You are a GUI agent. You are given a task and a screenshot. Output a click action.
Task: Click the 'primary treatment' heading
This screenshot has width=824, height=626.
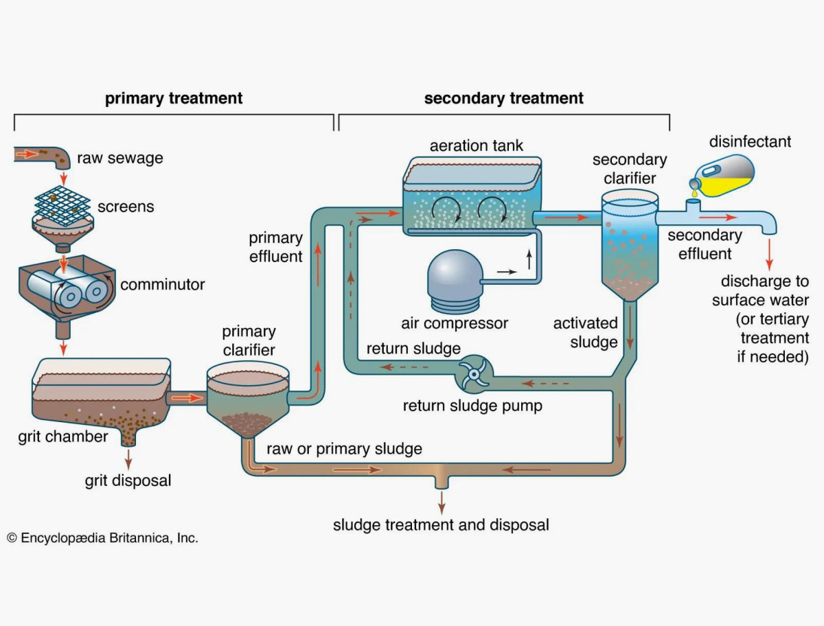point(174,98)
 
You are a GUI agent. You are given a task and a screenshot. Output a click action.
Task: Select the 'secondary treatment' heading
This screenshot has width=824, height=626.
point(503,98)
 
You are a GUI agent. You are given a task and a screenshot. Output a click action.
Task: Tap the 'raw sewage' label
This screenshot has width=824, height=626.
point(120,158)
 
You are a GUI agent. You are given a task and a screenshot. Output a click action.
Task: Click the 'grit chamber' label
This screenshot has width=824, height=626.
point(63,437)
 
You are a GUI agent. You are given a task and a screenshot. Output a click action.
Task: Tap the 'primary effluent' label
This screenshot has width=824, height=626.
point(275,247)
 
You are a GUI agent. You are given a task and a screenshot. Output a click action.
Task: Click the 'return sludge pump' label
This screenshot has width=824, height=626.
point(472,406)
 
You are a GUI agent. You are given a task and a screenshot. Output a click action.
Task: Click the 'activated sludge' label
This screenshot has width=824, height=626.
point(586,332)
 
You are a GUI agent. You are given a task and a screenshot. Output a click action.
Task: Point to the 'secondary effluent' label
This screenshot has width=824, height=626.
point(705,244)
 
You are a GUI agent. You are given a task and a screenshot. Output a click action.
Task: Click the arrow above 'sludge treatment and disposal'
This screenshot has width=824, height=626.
point(442,500)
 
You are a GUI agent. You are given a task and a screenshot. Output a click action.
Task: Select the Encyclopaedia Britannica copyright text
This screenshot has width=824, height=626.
point(102,538)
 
